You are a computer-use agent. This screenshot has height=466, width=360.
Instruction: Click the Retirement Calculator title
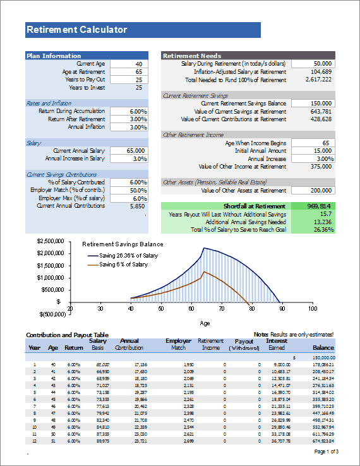pos(76,30)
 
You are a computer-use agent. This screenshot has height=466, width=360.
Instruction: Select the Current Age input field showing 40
pos(129,64)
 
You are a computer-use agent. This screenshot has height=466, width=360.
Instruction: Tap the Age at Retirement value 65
pos(129,72)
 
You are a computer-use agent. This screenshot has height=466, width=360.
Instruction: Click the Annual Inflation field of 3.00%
pos(129,127)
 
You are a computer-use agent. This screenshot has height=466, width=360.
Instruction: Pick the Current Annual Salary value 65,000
pos(129,151)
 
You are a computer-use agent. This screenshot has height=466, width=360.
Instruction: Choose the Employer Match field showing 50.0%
pos(129,190)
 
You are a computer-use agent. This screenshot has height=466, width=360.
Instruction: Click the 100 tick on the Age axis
pos(312,309)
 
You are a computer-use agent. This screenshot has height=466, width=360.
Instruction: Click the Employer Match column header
pos(177,344)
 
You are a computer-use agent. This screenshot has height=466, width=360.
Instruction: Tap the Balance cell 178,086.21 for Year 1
pos(318,365)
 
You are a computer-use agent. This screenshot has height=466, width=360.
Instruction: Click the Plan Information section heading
pos(54,56)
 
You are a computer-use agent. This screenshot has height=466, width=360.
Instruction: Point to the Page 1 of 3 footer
pos(326,451)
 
